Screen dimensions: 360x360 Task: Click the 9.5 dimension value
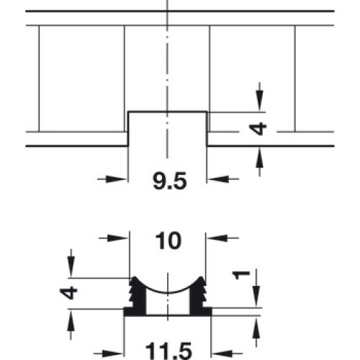(x=170, y=181)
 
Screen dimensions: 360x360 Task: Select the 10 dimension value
(x=168, y=240)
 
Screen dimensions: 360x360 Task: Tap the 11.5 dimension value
(x=168, y=351)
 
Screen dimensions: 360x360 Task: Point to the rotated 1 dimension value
(x=242, y=275)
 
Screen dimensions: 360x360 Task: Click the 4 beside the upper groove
(x=258, y=129)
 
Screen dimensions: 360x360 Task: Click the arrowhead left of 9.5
(x=116, y=179)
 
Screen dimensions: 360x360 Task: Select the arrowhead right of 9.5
(x=219, y=179)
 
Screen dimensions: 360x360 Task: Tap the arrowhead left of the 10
(x=118, y=238)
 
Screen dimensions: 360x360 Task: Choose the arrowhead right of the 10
(x=217, y=238)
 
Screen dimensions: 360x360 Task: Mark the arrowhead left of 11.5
(x=113, y=354)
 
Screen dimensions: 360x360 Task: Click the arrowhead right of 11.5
(x=222, y=354)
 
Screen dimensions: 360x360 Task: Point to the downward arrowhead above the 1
(x=256, y=296)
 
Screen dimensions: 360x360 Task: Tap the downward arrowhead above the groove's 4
(x=259, y=101)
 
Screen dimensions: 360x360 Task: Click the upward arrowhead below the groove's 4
(x=259, y=157)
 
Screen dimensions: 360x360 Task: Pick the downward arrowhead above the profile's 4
(x=71, y=266)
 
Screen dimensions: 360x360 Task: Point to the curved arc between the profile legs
(x=168, y=293)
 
